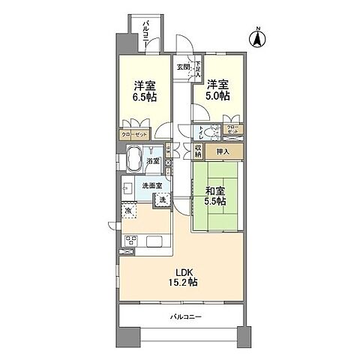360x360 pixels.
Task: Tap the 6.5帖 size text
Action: (x=145, y=98)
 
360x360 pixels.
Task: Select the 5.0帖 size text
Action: (x=217, y=97)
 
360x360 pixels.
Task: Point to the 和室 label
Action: (x=216, y=190)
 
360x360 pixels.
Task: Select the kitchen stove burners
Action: (x=130, y=241)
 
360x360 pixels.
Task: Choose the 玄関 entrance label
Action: (x=182, y=67)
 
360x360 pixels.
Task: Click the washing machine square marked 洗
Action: (x=161, y=199)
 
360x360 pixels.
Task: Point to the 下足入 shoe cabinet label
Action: (x=197, y=70)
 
